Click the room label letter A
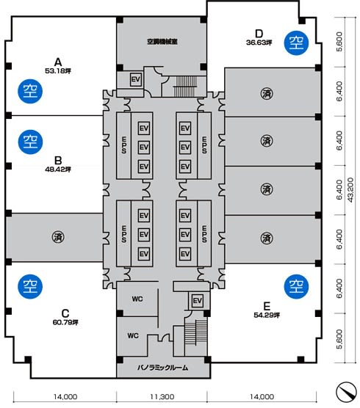coord(58,62)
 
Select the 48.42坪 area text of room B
coord(58,170)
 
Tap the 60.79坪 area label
coord(65,322)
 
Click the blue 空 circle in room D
coord(296,43)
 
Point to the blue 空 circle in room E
coord(296,286)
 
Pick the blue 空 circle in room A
coord(30,91)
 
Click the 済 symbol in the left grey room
coord(58,237)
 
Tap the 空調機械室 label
coord(162,41)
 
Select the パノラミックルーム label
coord(162,368)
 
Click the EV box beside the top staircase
coord(136,79)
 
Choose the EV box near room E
coord(198,301)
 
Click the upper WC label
coord(137,299)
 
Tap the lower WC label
coord(133,335)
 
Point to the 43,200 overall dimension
coord(350,189)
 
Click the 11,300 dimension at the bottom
coord(162,396)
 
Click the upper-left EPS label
coord(124,145)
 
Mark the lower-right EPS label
coord(204,233)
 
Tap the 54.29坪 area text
coord(267,315)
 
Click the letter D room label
coord(259,34)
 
